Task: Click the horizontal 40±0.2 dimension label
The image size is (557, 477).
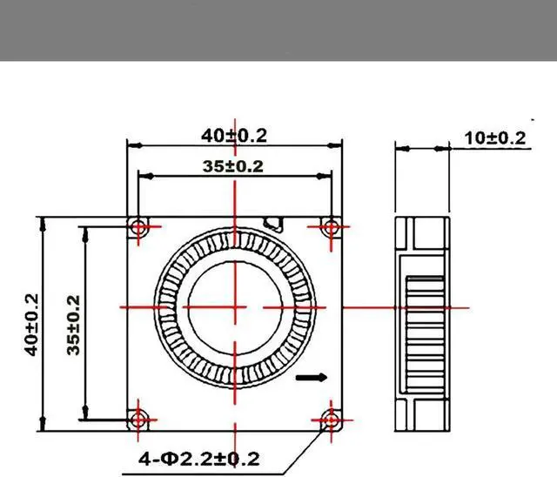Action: tap(234, 136)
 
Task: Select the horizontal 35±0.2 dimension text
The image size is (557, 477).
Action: tap(233, 166)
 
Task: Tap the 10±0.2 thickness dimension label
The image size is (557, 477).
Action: tap(495, 138)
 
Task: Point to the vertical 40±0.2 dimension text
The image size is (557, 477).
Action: tap(31, 325)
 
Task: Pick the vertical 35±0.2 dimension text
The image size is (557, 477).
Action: tap(73, 325)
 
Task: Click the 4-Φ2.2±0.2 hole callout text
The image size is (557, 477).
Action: tap(199, 459)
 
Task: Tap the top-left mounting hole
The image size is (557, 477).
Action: tap(138, 226)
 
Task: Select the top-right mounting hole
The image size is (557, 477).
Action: tap(331, 226)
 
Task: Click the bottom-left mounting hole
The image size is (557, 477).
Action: tap(138, 420)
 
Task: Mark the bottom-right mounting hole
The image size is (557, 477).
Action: tap(331, 420)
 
